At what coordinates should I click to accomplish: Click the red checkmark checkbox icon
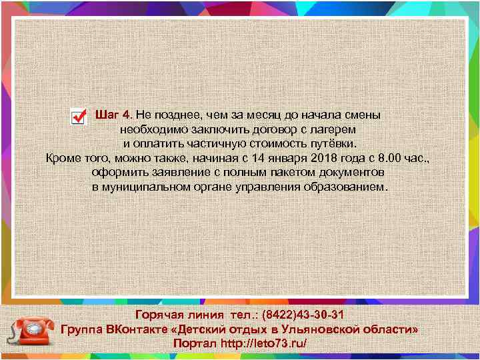pyautogui.click(x=78, y=117)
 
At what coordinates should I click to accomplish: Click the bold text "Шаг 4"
pyautogui.click(x=114, y=114)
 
